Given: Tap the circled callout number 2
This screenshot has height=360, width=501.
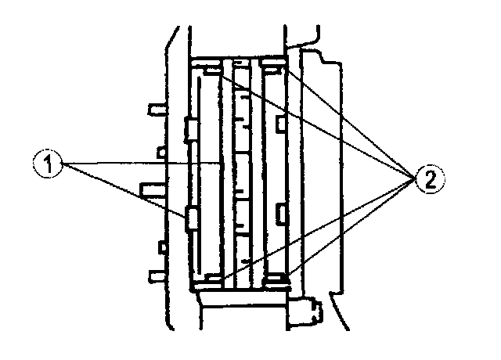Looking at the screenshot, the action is tap(430, 179).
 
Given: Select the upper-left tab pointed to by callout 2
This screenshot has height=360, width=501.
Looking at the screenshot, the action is tap(213, 71).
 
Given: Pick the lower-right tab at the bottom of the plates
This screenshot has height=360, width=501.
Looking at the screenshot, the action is tap(274, 278).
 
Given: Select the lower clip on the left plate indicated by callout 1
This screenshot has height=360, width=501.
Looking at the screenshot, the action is tap(189, 220).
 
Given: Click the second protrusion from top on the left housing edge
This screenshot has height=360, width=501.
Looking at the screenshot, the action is tap(161, 150).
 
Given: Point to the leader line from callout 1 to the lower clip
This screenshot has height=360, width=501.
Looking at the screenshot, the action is tap(125, 189).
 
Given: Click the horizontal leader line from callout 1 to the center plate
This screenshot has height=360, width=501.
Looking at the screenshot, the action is tap(141, 163).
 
